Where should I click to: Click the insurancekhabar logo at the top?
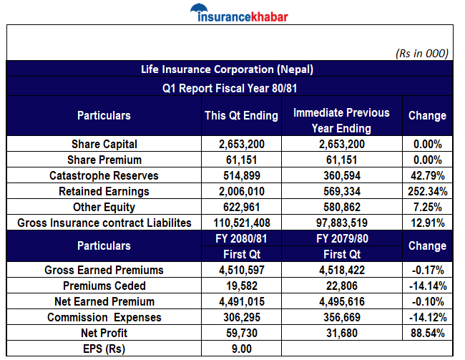coord(234,14)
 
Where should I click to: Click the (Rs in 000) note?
coord(422,53)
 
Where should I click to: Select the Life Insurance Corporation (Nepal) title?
coord(227,69)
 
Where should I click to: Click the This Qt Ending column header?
coord(241,115)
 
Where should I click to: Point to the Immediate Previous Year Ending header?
coord(341,121)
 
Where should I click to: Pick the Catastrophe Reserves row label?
coord(104,175)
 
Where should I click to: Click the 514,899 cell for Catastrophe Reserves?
coord(241,175)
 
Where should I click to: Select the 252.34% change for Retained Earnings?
coord(427,191)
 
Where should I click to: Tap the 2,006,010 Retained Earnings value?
coord(241,191)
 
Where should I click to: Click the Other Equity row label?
coord(104,207)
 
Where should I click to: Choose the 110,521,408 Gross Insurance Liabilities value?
coord(241,223)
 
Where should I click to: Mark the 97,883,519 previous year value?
coord(341,223)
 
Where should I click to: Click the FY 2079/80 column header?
coord(341,238)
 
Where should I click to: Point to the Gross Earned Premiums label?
coord(104,271)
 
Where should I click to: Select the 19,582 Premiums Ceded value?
coord(241,286)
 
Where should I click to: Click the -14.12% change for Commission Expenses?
coord(427,317)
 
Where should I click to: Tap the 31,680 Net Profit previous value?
coord(341,333)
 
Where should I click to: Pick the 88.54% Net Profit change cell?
coord(427,333)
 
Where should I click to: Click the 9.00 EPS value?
coord(241,349)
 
